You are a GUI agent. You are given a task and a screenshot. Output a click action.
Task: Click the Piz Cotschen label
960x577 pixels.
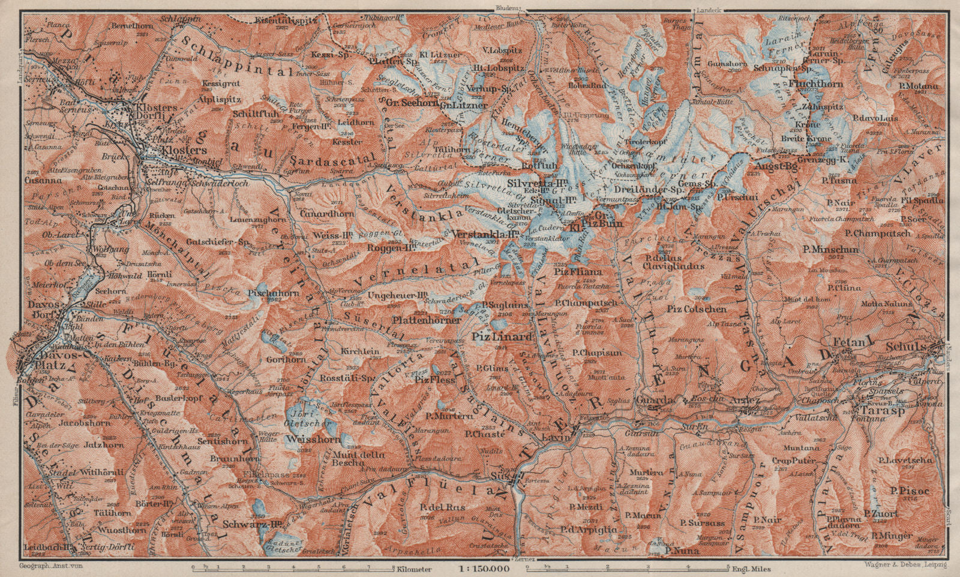pos(697,310)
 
